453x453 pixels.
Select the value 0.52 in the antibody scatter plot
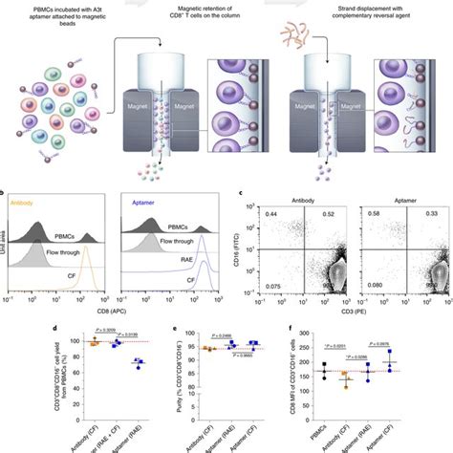pos(333,215)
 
